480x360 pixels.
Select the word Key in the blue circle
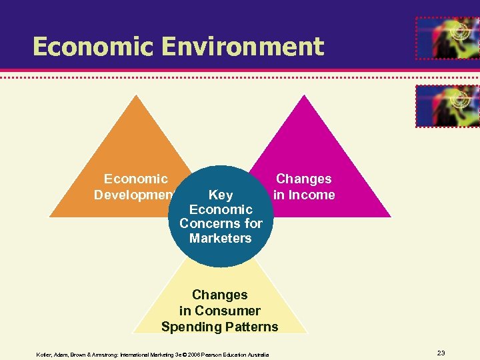tap(221, 195)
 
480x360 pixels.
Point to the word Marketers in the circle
tap(221, 238)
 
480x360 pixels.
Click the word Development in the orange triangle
tap(134, 195)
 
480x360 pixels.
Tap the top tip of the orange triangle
tap(137, 96)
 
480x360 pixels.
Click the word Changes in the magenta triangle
tap(304, 179)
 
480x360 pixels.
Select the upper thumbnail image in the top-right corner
tap(447, 38)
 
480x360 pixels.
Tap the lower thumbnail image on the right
tap(447, 105)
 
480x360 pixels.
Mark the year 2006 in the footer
tap(195, 355)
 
